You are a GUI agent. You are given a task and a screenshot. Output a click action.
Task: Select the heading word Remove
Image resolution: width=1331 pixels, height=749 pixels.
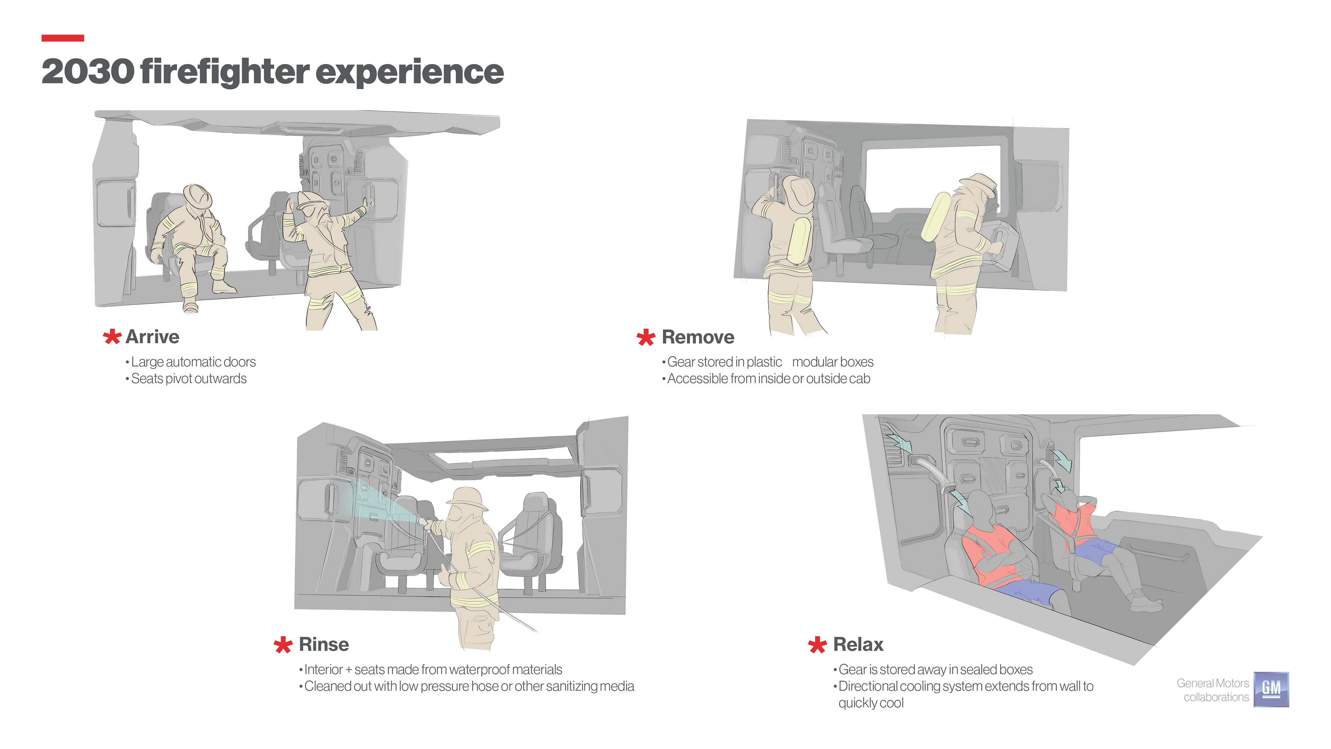tap(698, 337)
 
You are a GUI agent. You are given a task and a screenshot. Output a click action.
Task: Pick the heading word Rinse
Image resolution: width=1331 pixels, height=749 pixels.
tap(324, 645)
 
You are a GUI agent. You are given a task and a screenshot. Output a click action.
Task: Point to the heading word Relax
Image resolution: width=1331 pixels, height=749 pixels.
tap(858, 645)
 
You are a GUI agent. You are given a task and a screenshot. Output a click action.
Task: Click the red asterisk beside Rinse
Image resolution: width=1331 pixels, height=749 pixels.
tap(283, 645)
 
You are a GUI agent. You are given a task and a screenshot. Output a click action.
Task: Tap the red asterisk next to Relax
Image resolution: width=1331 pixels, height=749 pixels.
tap(817, 645)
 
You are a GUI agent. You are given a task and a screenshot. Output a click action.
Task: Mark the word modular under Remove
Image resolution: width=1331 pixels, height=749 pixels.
tap(813, 362)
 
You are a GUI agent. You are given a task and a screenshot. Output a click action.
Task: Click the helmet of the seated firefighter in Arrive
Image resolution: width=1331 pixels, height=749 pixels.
tap(198, 196)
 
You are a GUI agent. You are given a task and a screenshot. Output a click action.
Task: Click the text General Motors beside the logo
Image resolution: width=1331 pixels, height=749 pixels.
tap(1213, 683)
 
